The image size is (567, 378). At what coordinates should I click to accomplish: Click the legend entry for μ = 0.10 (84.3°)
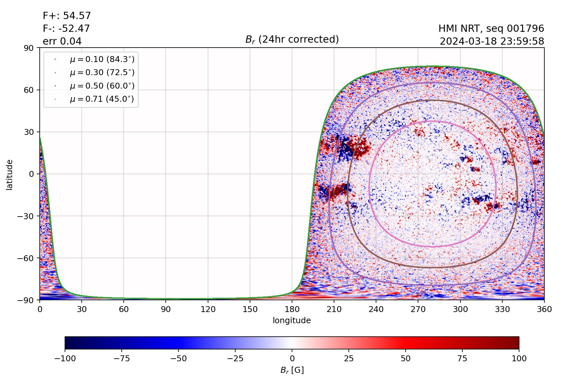(x=102, y=59)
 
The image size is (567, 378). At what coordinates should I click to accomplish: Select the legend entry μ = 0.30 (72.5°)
(x=102, y=73)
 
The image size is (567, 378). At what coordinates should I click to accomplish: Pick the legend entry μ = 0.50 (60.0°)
(x=102, y=86)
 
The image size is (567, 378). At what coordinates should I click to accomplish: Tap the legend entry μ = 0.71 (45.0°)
(x=102, y=99)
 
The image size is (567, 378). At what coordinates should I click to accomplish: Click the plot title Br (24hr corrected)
(x=292, y=40)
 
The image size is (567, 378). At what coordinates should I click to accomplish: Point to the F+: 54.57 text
(x=67, y=16)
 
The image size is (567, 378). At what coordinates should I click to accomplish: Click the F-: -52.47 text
(x=66, y=29)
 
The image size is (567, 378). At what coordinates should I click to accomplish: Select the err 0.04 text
(x=62, y=41)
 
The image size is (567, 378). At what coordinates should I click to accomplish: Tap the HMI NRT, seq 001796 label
(x=491, y=29)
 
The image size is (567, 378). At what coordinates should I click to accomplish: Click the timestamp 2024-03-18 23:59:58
(x=492, y=41)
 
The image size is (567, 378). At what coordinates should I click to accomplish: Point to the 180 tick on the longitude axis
(x=292, y=309)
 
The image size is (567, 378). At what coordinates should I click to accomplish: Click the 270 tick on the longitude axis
(x=418, y=309)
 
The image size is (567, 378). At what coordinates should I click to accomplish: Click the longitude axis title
(x=292, y=321)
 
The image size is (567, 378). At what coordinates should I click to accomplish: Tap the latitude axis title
(x=10, y=175)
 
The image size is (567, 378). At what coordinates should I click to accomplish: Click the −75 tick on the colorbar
(x=121, y=359)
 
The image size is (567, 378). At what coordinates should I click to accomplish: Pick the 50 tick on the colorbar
(x=406, y=359)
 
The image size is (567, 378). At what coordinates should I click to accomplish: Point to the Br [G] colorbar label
(x=292, y=370)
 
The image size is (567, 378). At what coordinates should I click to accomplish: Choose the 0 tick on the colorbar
(x=292, y=359)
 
